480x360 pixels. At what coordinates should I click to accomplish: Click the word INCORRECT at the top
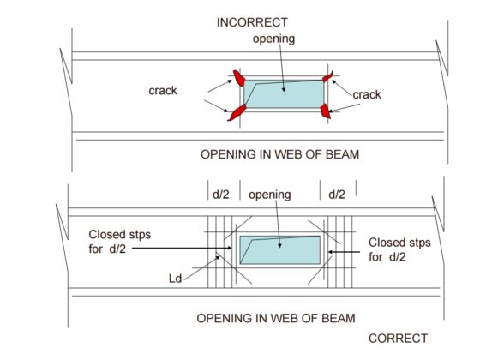pyautogui.click(x=252, y=21)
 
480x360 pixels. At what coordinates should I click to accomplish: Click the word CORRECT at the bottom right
pyautogui.click(x=397, y=338)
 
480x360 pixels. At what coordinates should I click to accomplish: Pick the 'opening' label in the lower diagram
pyautogui.click(x=270, y=195)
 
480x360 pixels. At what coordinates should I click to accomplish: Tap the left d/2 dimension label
pyautogui.click(x=221, y=195)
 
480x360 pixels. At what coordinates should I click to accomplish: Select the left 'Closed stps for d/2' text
pyautogui.click(x=121, y=242)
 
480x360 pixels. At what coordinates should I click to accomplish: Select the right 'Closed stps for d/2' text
pyautogui.click(x=399, y=249)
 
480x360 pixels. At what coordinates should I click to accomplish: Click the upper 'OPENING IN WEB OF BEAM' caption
pyautogui.click(x=279, y=154)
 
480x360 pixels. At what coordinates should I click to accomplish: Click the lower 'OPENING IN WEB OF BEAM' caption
pyautogui.click(x=279, y=317)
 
